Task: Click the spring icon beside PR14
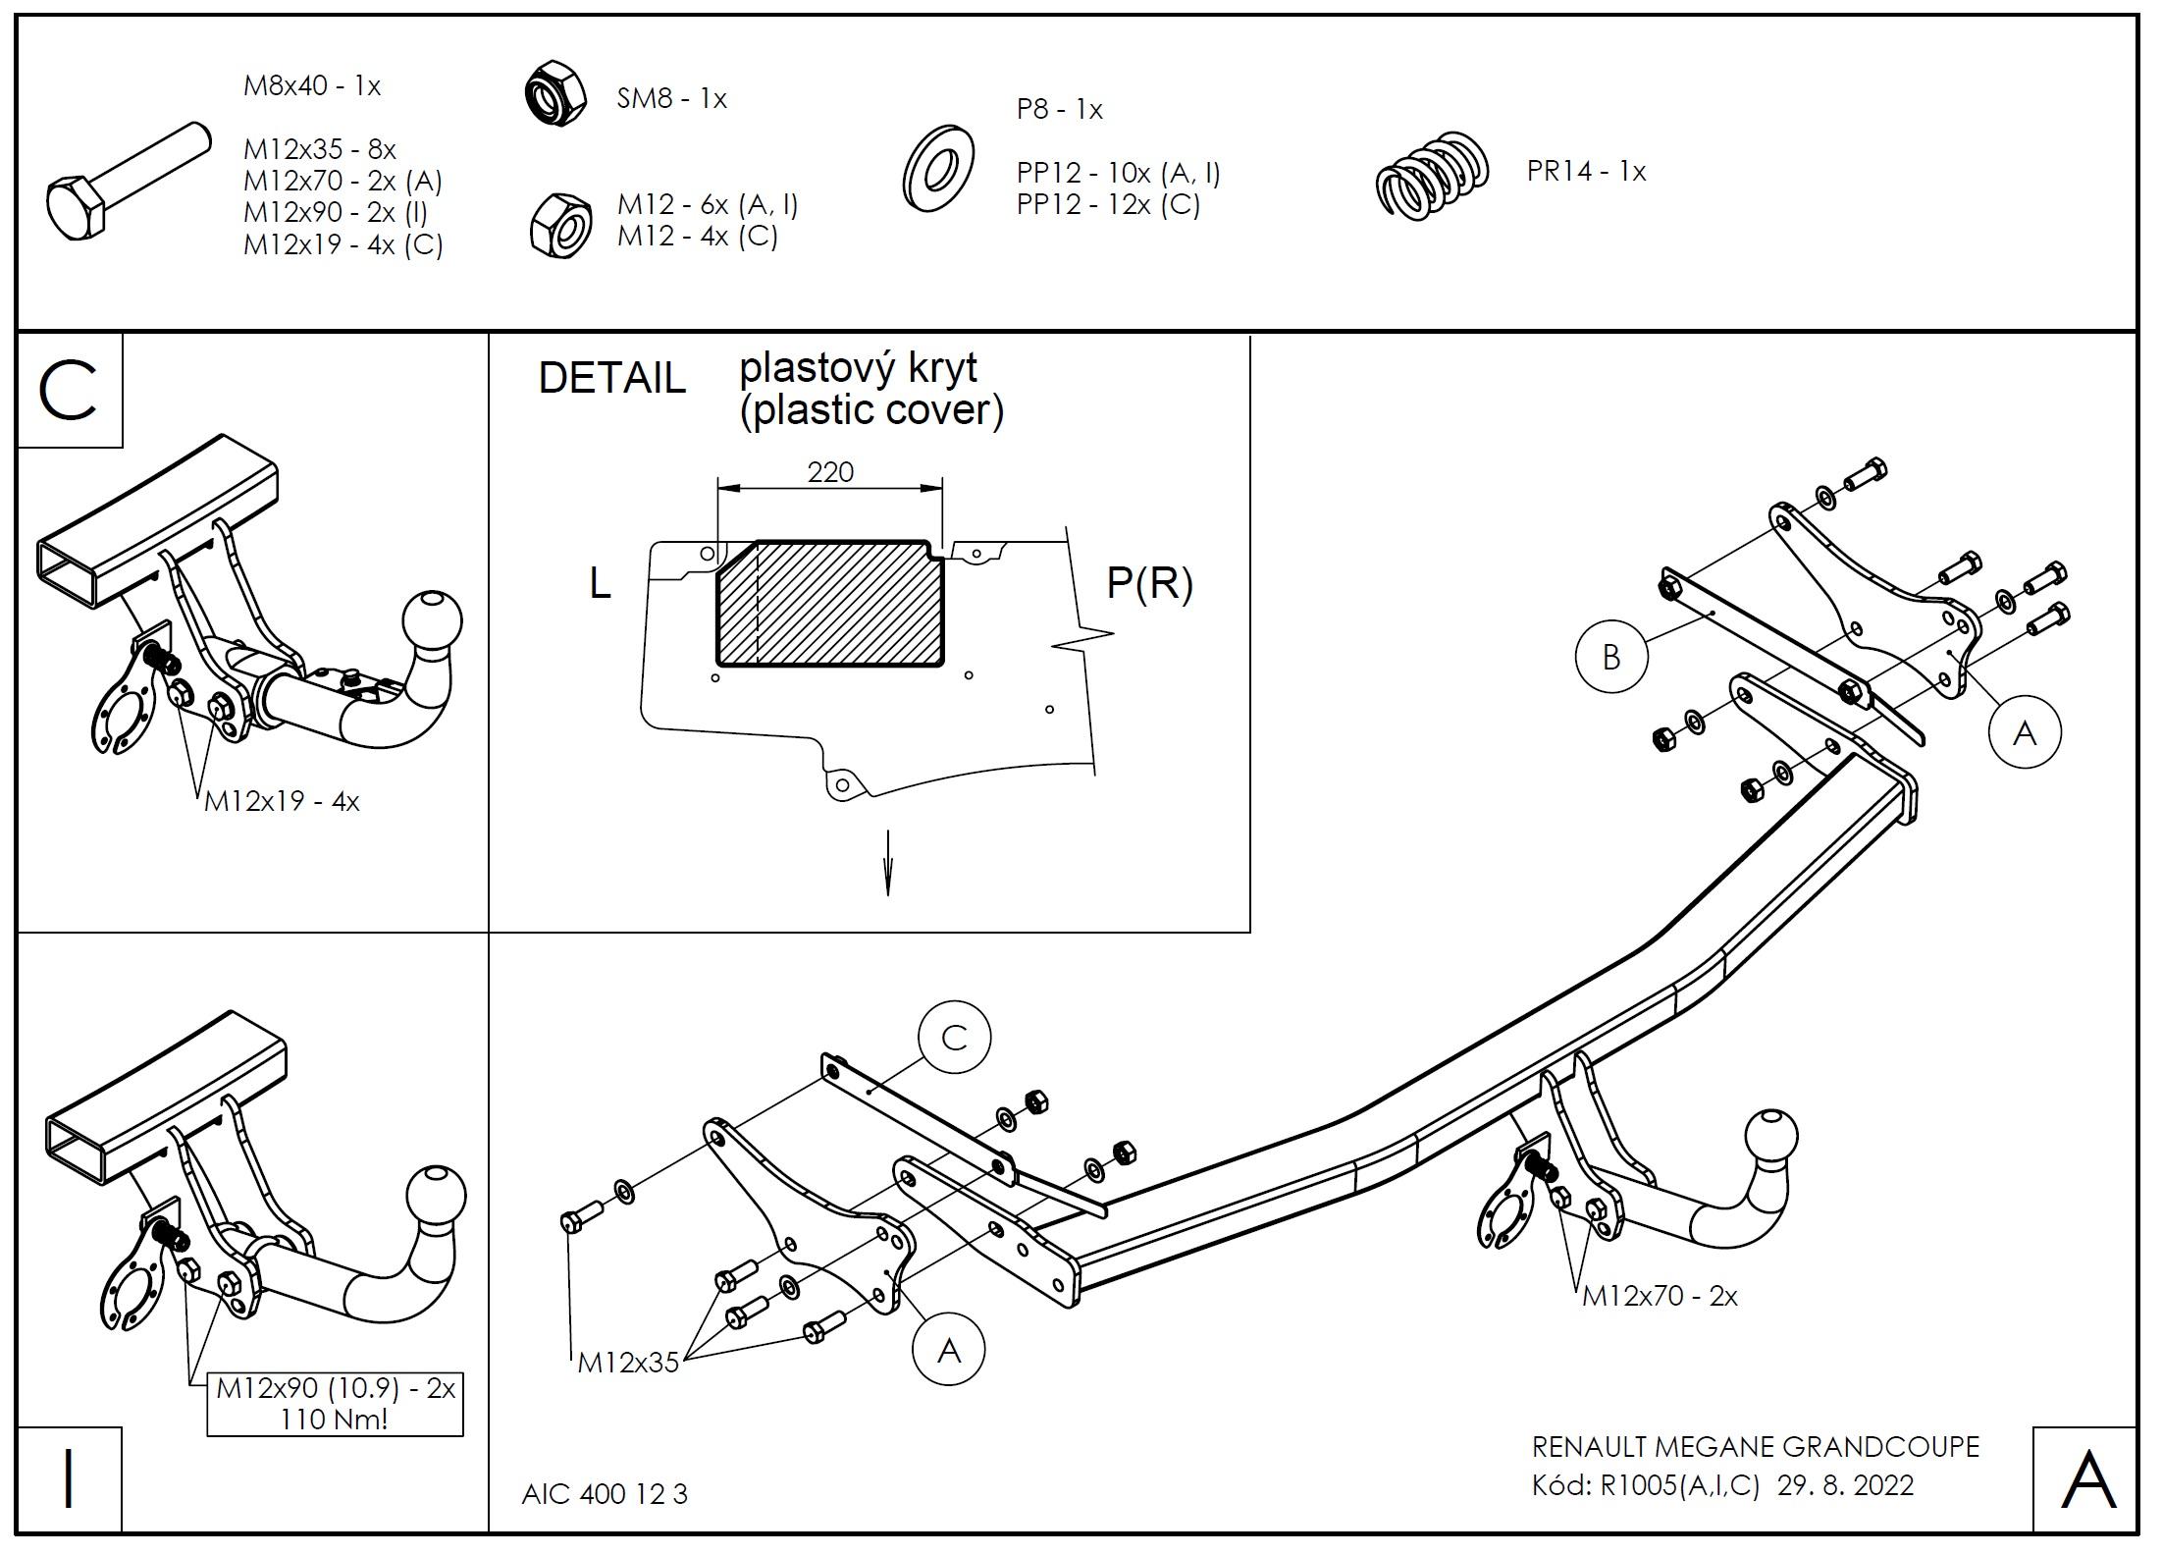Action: click(1432, 173)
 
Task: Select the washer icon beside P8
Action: click(937, 170)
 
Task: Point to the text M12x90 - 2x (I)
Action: click(335, 212)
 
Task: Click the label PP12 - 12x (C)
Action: click(1108, 205)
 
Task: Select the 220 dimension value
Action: click(830, 472)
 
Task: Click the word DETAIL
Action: click(611, 378)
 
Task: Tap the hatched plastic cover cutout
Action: click(830, 604)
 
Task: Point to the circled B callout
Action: click(1610, 657)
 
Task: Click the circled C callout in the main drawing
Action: click(954, 1038)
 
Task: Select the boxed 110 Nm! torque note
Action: click(335, 1405)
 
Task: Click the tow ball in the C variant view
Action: click(433, 621)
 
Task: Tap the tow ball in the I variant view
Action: click(438, 1197)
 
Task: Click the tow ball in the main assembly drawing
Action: click(1771, 1140)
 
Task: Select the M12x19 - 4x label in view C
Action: click(282, 802)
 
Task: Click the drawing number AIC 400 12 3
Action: click(605, 1494)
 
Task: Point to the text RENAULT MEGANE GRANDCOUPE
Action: click(1755, 1447)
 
